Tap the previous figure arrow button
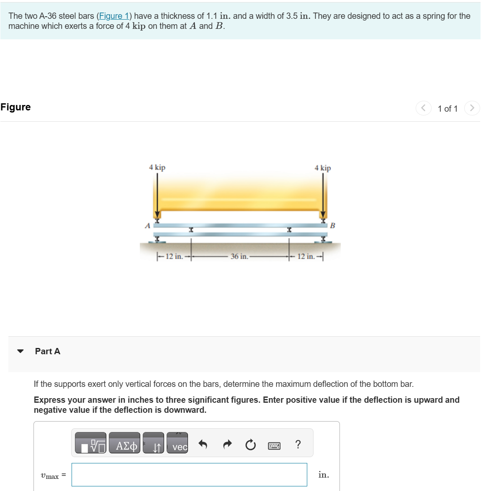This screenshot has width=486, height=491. (423, 108)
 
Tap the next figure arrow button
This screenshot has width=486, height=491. (472, 108)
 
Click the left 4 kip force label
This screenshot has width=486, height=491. (157, 167)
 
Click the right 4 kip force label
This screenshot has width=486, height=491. (322, 168)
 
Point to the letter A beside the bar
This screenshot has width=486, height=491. (147, 226)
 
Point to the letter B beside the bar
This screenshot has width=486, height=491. (332, 226)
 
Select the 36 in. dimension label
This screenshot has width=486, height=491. (239, 256)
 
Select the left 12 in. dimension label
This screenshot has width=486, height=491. (174, 256)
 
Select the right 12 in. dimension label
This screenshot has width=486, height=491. (306, 256)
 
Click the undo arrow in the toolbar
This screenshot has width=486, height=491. (203, 444)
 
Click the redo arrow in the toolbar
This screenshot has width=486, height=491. (227, 444)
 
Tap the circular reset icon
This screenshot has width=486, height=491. (250, 445)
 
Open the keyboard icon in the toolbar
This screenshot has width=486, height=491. (274, 446)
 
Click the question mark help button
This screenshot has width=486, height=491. (298, 444)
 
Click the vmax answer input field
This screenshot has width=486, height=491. (189, 475)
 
